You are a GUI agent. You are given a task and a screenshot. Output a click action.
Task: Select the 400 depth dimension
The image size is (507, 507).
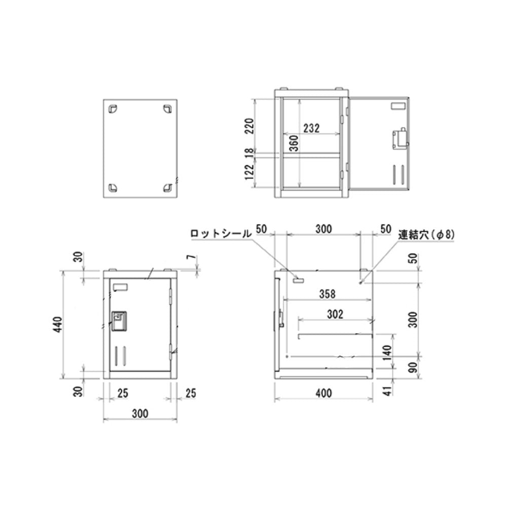point(323,392)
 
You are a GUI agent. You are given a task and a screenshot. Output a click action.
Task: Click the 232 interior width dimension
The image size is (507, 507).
point(311,128)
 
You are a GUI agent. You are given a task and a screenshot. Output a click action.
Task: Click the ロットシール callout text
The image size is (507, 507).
point(221,234)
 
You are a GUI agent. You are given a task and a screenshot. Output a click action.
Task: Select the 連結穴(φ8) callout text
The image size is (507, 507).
point(426,234)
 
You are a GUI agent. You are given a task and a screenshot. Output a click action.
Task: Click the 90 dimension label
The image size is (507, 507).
point(414,367)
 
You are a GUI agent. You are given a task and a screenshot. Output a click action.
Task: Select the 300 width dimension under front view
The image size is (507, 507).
point(140,414)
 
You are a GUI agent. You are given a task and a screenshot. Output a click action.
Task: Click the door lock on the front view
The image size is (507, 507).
point(119,320)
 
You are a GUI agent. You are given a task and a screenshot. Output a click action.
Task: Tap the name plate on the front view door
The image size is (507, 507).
point(121,288)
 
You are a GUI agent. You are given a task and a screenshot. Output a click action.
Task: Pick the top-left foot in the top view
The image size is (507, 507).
point(113,108)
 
